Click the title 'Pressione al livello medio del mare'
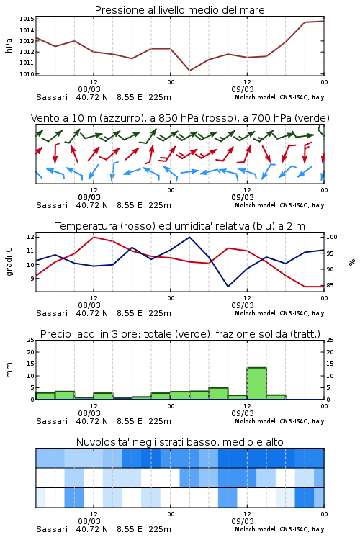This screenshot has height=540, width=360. pos(179,10)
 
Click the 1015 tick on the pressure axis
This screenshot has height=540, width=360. pos(27,19)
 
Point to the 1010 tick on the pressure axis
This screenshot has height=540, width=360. pos(27,74)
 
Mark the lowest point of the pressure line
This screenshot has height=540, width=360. pos(189,71)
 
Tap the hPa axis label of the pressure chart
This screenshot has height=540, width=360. pos(9,45)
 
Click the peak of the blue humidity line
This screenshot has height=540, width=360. pos(189,237)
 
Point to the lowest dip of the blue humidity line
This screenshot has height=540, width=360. pos(228,286)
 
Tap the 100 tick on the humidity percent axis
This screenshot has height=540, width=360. pos(332,237)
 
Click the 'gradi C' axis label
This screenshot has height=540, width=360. pos(9,261)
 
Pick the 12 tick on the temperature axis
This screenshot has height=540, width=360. pos(30,237)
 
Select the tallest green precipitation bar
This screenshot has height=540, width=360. pos(256,384)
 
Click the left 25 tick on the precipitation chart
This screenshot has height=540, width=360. pos(31,340)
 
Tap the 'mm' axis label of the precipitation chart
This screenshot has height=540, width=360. pos(9,370)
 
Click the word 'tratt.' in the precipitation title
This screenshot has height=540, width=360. pos(307,334)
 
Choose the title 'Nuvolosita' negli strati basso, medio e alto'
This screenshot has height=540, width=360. pos(179,442)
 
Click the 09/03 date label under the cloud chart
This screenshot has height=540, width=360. pos(243,521)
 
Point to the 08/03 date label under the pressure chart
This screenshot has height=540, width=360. pos(89,89)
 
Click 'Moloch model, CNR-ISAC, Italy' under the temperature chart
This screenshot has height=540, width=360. pos(279,313)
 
